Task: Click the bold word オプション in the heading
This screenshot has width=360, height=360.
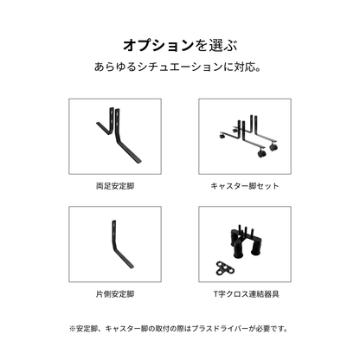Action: point(151,43)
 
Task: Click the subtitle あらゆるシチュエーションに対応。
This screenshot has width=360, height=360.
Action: point(179,67)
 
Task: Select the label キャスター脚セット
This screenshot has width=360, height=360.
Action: point(244,185)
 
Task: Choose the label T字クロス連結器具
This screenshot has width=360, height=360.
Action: point(244,294)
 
